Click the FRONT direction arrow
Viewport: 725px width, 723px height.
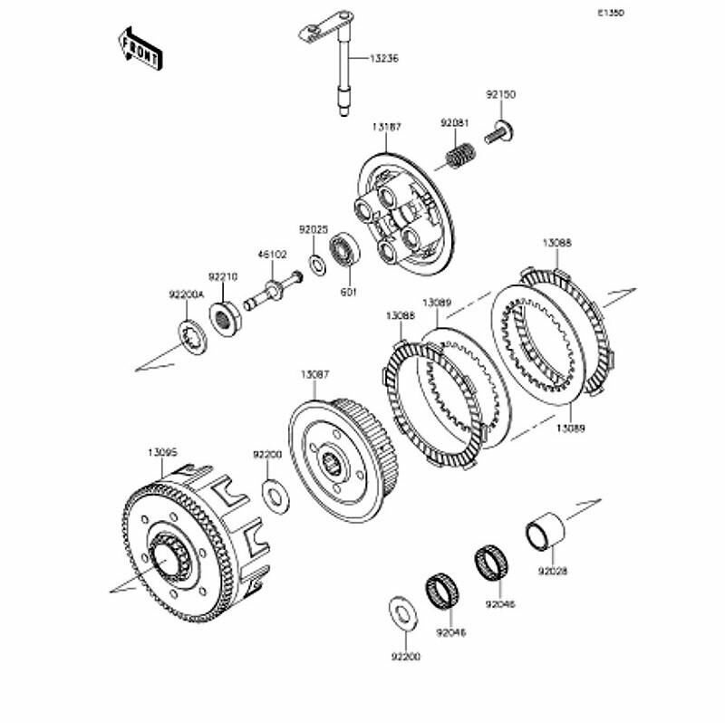[x=139, y=47]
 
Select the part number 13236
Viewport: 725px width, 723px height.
[x=382, y=58]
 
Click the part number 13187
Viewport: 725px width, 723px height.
[x=385, y=127]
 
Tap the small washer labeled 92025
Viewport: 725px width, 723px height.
[x=317, y=264]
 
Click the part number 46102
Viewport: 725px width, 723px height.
[x=272, y=256]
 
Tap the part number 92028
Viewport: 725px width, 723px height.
[x=552, y=573]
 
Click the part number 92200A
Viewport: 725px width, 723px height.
[x=186, y=294]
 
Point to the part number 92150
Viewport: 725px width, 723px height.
[x=498, y=93]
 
